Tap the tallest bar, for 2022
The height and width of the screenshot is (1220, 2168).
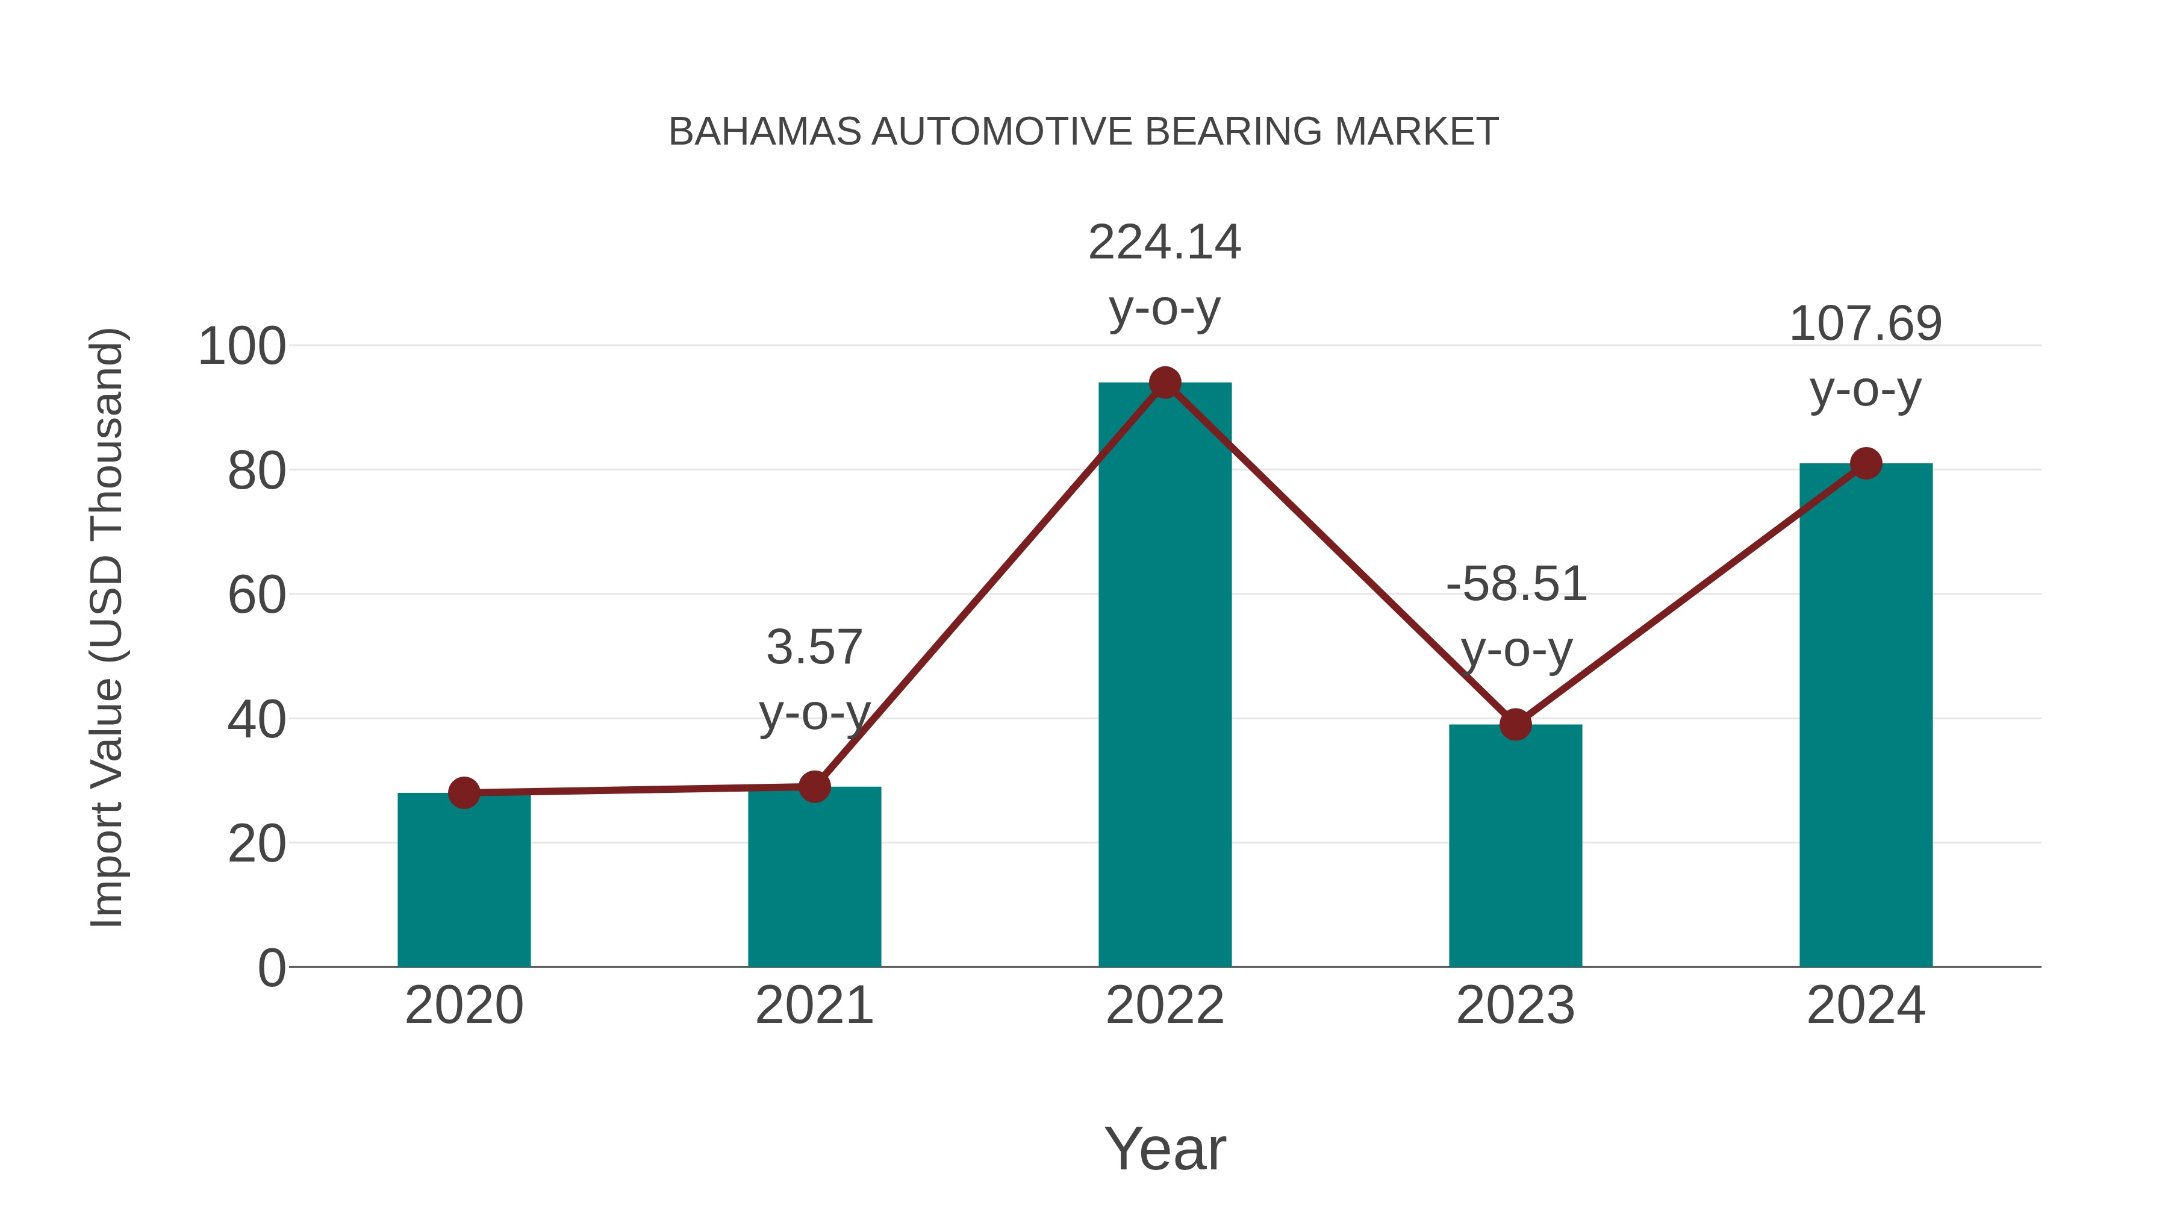[1165, 674]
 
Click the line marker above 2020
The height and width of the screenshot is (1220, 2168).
[464, 792]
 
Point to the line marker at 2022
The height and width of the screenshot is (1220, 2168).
[1165, 383]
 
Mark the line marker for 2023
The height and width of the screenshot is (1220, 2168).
[1515, 724]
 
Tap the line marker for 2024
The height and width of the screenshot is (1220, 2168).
[1866, 463]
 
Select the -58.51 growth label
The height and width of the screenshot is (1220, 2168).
[1516, 584]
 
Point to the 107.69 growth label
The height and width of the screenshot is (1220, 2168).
[1865, 324]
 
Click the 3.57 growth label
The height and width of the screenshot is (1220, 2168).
[814, 648]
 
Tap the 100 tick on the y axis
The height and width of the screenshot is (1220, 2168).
[241, 347]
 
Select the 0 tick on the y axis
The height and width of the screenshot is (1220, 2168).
[272, 968]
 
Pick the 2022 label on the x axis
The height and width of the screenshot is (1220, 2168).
[1165, 1006]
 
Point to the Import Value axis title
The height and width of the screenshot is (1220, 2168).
[108, 627]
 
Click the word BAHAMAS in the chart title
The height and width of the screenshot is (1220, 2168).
[764, 132]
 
